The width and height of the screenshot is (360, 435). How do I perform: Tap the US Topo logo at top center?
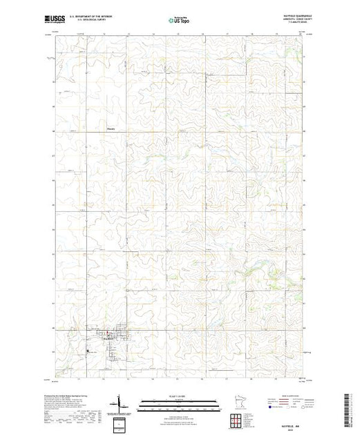tap(179, 21)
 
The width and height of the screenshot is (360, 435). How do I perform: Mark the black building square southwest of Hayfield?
tap(88, 354)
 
